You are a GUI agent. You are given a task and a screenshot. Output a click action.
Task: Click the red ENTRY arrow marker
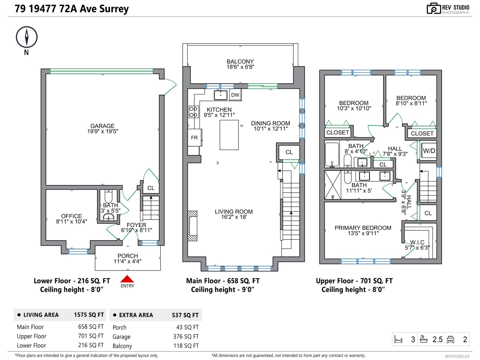[127, 279]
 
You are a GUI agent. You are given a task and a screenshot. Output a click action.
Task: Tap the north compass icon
[27, 37]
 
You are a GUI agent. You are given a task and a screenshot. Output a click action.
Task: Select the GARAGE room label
[102, 126]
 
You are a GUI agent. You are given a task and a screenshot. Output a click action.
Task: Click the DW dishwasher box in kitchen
[235, 95]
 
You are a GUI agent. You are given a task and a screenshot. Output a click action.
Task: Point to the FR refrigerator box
[194, 138]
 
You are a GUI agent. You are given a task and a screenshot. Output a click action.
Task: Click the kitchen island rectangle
[229, 135]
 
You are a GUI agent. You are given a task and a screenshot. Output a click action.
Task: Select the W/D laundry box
[429, 151]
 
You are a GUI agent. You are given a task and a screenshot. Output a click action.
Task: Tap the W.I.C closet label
[417, 242]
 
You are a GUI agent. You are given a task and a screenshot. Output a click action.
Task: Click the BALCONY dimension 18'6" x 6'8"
[240, 67]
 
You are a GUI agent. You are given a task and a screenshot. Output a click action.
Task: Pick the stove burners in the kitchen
[193, 112]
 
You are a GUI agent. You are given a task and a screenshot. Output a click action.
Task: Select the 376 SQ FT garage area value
[186, 337]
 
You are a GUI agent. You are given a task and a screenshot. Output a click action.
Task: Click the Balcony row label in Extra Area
[122, 346]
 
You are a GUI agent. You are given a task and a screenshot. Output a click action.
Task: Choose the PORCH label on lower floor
[127, 256]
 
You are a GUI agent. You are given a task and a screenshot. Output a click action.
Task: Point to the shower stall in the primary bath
[333, 185]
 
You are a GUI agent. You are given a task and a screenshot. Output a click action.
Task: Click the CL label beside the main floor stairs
[289, 152]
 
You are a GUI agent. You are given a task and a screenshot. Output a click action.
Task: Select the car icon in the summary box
[450, 340]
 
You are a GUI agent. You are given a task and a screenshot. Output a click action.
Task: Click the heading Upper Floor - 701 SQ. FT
[354, 281]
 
